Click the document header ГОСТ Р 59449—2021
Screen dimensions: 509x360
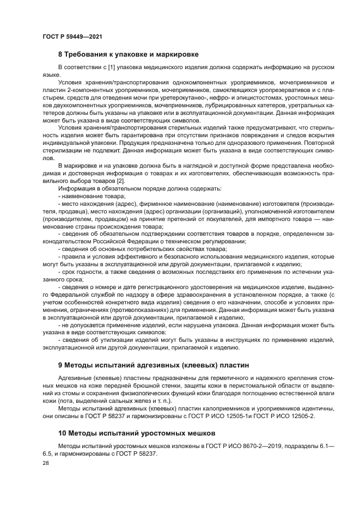(72, 36)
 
